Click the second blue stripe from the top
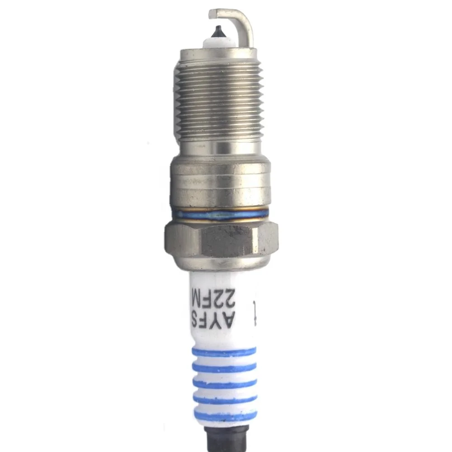224,367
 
